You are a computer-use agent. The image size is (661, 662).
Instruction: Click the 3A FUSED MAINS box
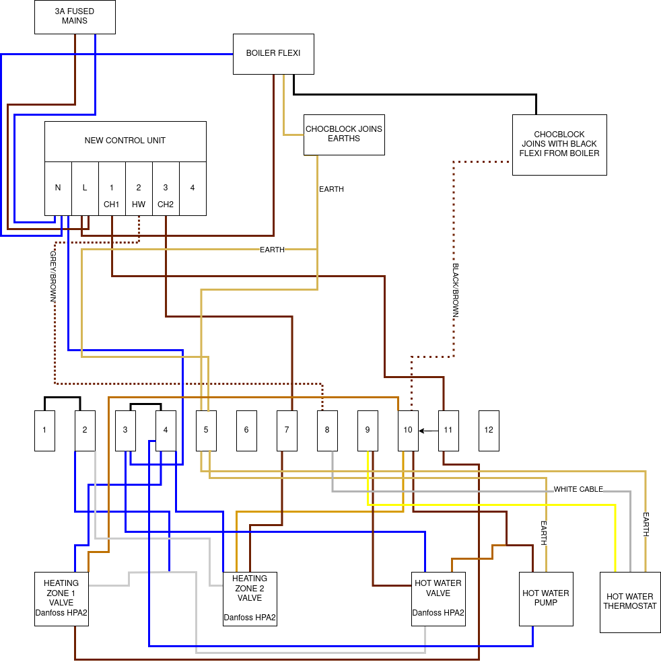point(75,17)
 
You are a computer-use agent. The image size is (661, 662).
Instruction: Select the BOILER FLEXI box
point(273,54)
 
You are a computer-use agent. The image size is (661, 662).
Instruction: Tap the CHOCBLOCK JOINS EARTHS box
point(344,135)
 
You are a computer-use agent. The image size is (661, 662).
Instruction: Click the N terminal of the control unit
point(58,188)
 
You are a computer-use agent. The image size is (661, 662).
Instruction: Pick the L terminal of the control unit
point(85,188)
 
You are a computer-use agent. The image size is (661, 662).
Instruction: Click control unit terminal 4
point(193,188)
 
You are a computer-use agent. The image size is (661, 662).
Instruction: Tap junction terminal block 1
point(44,431)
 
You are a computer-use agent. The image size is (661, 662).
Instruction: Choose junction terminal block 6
point(246,431)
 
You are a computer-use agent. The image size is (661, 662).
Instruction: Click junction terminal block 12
point(489,431)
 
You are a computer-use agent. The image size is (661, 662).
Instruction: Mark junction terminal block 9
point(368,431)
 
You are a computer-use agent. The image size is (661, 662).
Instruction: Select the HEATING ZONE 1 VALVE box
point(61,599)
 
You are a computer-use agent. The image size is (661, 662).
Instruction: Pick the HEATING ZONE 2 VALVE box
point(250,599)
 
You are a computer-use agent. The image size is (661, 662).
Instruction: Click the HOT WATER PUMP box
point(546,599)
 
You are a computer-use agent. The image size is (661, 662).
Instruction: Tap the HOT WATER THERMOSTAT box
point(630,602)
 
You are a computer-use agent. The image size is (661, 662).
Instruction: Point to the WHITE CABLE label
point(578,489)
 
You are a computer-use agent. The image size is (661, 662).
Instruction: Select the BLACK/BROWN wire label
point(455,290)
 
